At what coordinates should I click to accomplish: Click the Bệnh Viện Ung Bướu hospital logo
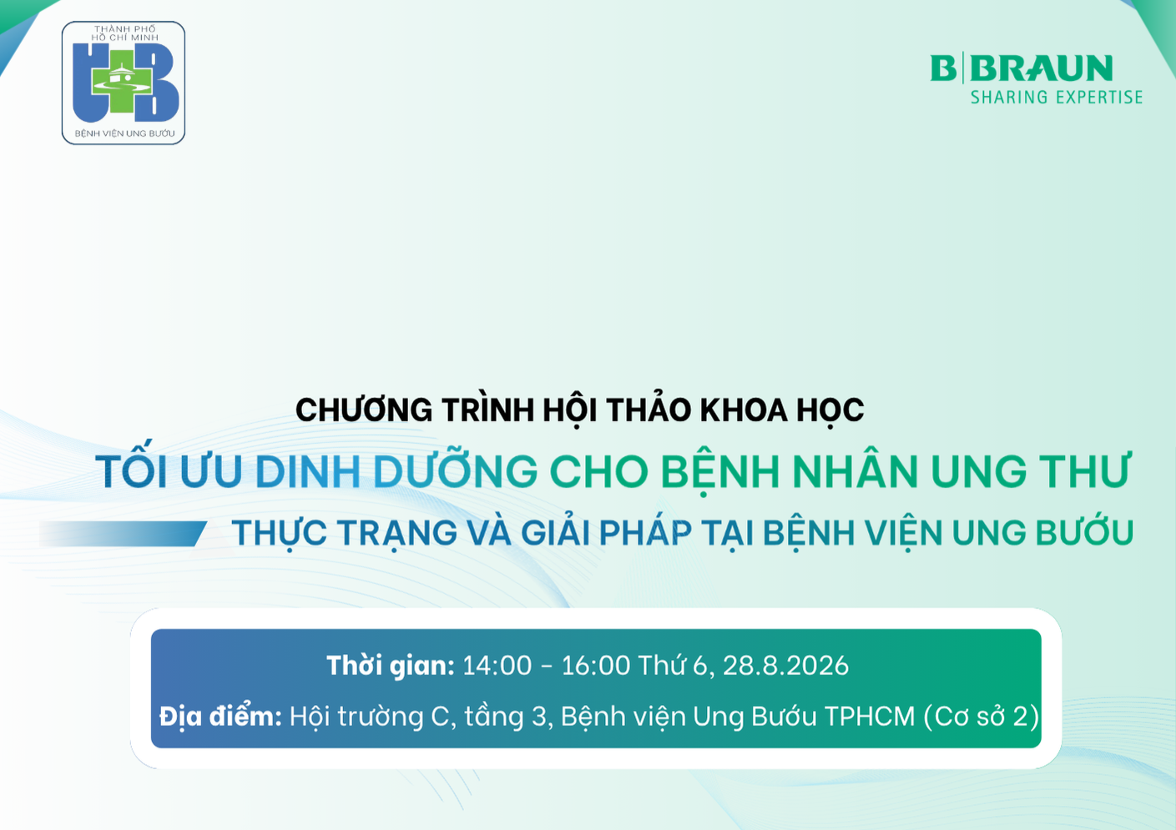click(x=124, y=83)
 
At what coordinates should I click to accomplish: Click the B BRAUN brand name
click(x=1021, y=68)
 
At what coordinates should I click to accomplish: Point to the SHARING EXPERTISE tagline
click(x=1057, y=98)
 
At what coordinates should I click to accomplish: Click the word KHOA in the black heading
click(x=744, y=410)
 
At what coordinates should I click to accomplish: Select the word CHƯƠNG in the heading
click(x=364, y=410)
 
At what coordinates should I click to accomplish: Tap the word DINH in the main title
click(x=307, y=471)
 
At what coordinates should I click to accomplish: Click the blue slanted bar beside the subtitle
click(x=123, y=534)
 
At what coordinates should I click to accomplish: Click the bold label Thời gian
click(x=391, y=666)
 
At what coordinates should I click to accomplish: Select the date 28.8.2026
click(x=785, y=666)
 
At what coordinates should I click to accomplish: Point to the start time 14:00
click(x=497, y=666)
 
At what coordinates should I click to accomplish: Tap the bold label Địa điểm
click(x=220, y=716)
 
